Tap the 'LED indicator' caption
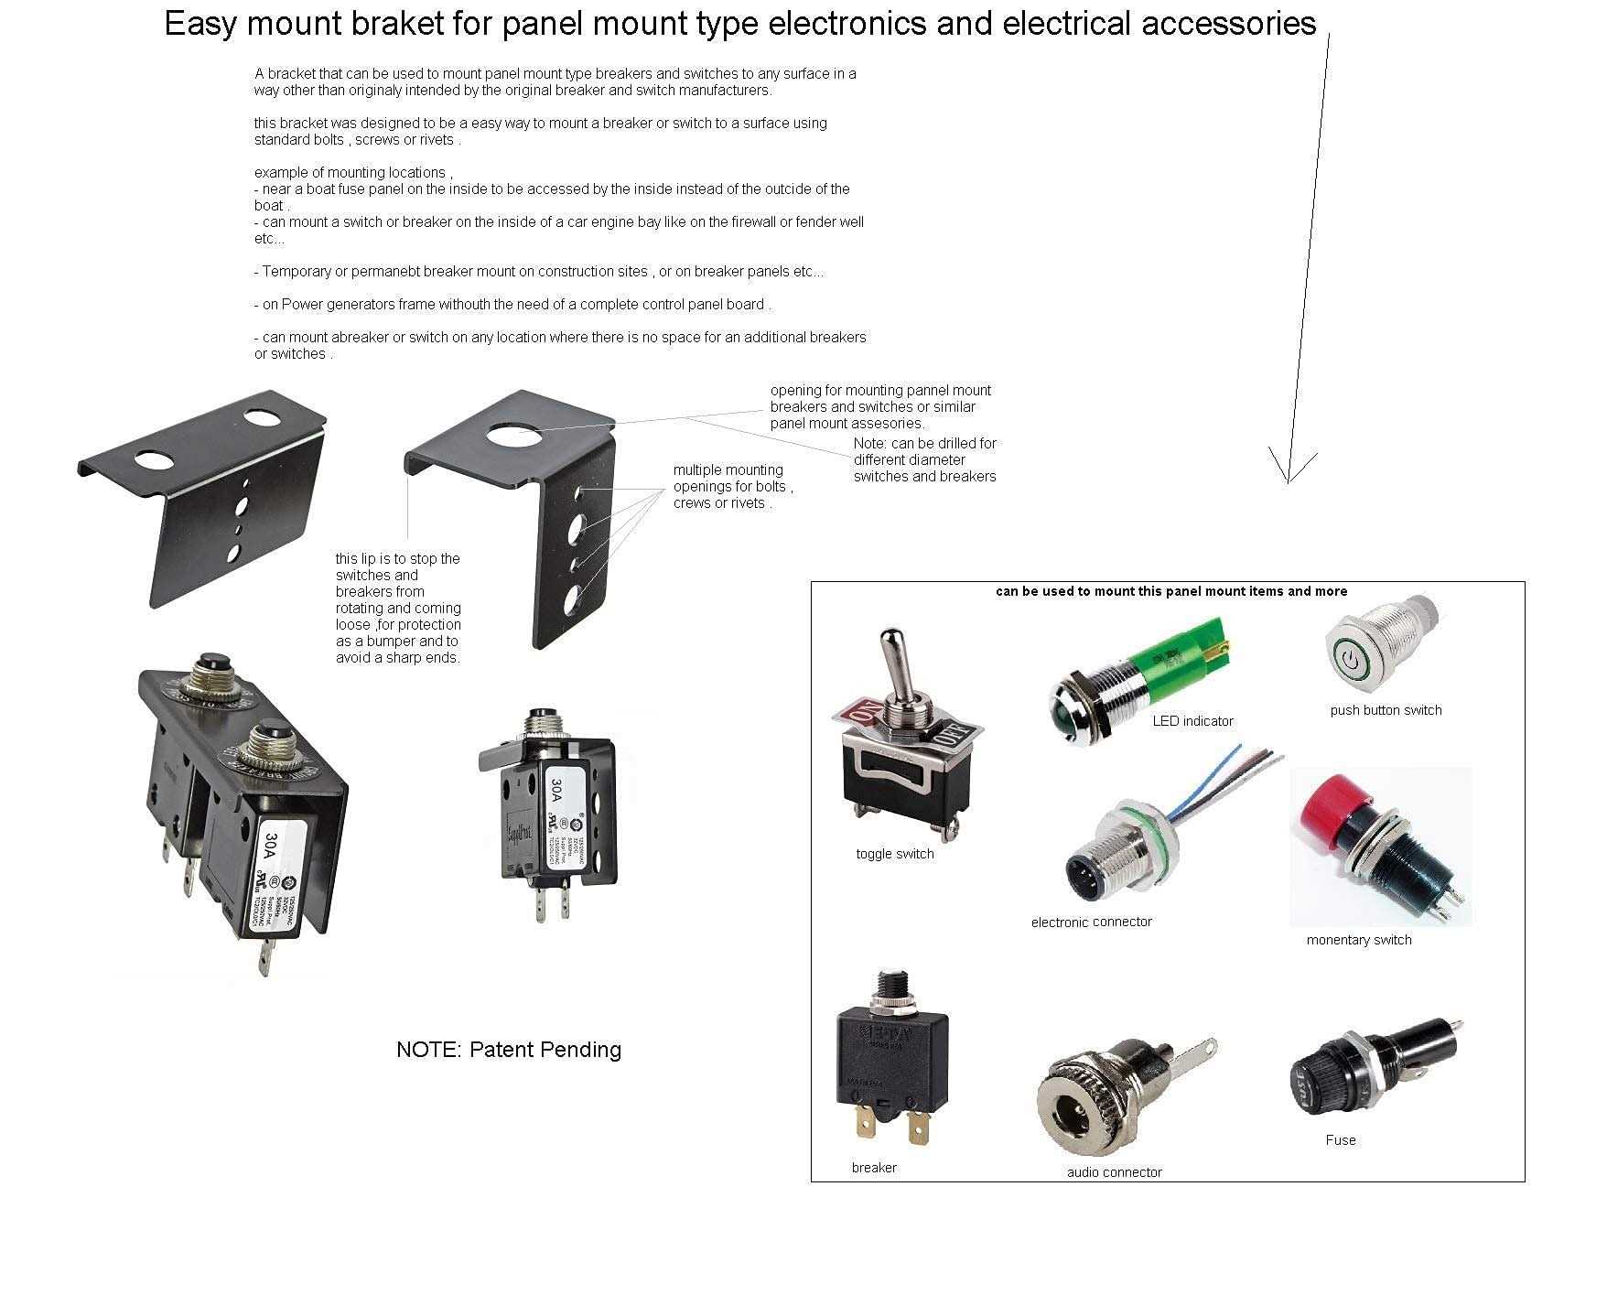(1192, 721)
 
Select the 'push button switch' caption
(1386, 710)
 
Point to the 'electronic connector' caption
(1091, 922)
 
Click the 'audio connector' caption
(1114, 1172)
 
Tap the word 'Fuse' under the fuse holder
(1340, 1140)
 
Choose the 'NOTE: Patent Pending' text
(508, 1050)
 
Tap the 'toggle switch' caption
(894, 854)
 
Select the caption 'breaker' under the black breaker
(873, 1168)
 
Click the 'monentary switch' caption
(1358, 940)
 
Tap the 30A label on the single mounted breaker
(555, 789)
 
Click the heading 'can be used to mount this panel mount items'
(1170, 591)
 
